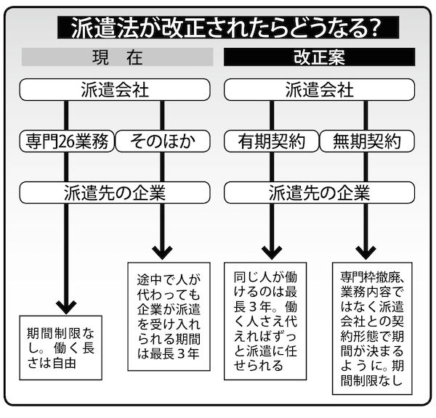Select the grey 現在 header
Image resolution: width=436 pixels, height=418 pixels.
pyautogui.click(x=117, y=57)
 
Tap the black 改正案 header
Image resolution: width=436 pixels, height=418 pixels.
pyautogui.click(x=319, y=57)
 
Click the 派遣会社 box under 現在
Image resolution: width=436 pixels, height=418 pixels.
pyautogui.click(x=117, y=89)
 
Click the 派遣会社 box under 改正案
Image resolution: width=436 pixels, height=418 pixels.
pyautogui.click(x=319, y=89)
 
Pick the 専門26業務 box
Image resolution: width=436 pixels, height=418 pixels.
pyautogui.click(x=68, y=141)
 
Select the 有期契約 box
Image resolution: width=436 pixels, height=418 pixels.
pyautogui.click(x=271, y=141)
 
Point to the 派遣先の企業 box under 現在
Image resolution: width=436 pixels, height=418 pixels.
pyautogui.click(x=117, y=192)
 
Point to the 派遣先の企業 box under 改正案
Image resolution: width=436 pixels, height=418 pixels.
pyautogui.click(x=319, y=192)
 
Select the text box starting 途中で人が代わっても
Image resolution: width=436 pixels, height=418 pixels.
pyautogui.click(x=169, y=316)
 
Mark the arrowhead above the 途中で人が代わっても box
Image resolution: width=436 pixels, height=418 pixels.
pyautogui.click(x=161, y=250)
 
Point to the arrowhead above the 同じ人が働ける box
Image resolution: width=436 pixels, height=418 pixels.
pyautogui.click(x=270, y=250)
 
